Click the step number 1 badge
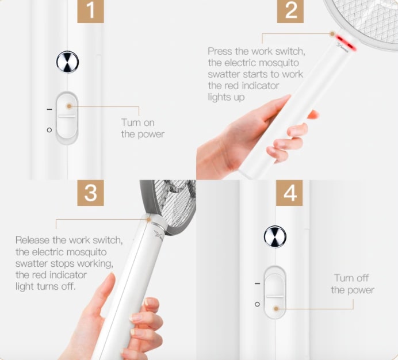pyautogui.click(x=90, y=11)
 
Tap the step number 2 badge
pyautogui.click(x=290, y=11)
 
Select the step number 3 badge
pyautogui.click(x=90, y=193)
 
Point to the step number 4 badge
pyautogui.click(x=289, y=193)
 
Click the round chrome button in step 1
pyautogui.click(x=67, y=62)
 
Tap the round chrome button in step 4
pyautogui.click(x=275, y=236)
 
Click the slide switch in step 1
pyautogui.click(x=67, y=117)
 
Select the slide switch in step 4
pyautogui.click(x=275, y=292)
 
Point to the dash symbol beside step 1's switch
pyautogui.click(x=49, y=109)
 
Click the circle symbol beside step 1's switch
pyautogui.click(x=49, y=130)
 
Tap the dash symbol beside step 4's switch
pyautogui.click(x=258, y=284)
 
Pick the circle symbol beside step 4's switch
pyautogui.click(x=257, y=304)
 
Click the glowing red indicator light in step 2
pyautogui.click(x=346, y=43)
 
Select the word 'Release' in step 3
pyautogui.click(x=32, y=240)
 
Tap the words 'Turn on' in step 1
pyautogui.click(x=138, y=122)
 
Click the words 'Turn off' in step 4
pyautogui.click(x=351, y=278)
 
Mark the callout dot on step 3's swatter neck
pyautogui.click(x=148, y=219)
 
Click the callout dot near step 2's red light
pyautogui.click(x=332, y=34)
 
